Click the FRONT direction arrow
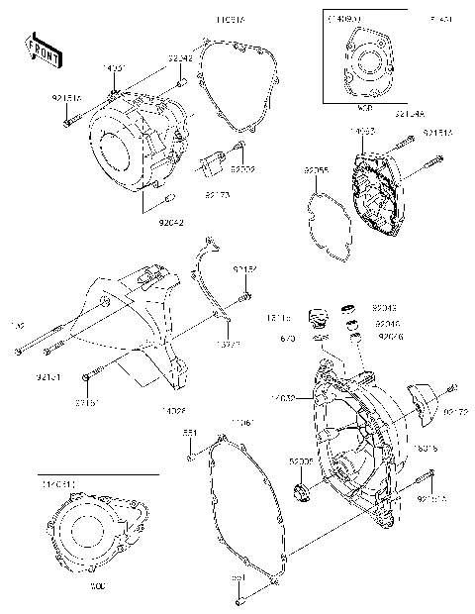pyautogui.click(x=40, y=51)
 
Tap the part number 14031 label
pyautogui.click(x=116, y=67)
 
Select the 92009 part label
pyautogui.click(x=243, y=169)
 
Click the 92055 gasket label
pyautogui.click(x=317, y=170)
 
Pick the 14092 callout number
pyautogui.click(x=359, y=130)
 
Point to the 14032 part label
pyautogui.click(x=285, y=398)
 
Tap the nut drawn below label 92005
pyautogui.click(x=302, y=491)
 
